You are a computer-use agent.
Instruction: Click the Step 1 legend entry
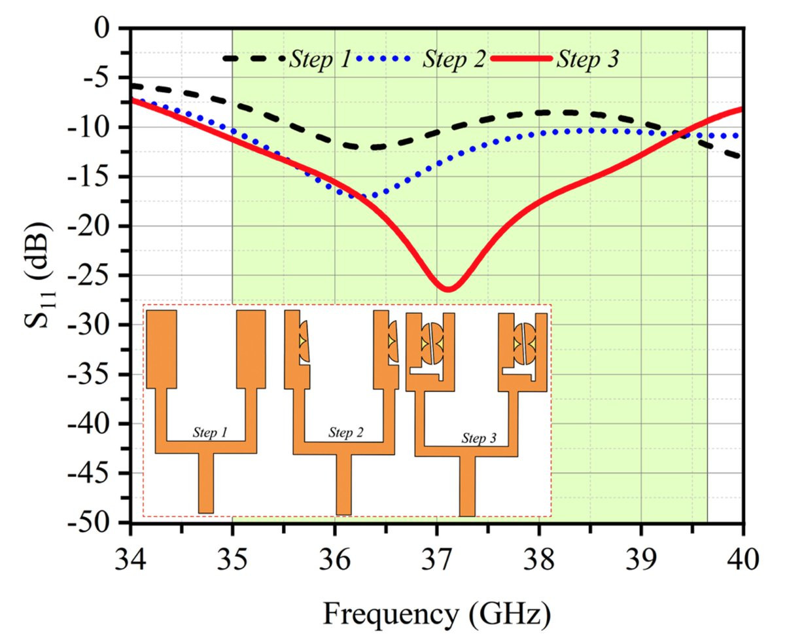click(x=288, y=59)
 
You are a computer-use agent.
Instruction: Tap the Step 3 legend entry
click(x=555, y=59)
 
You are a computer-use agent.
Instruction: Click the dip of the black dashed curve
click(x=366, y=147)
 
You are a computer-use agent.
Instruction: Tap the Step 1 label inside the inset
click(x=209, y=433)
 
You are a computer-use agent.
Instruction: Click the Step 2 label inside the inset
click(x=346, y=432)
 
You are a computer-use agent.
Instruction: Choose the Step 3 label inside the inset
click(x=479, y=438)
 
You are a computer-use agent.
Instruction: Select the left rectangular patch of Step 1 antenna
click(x=161, y=349)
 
